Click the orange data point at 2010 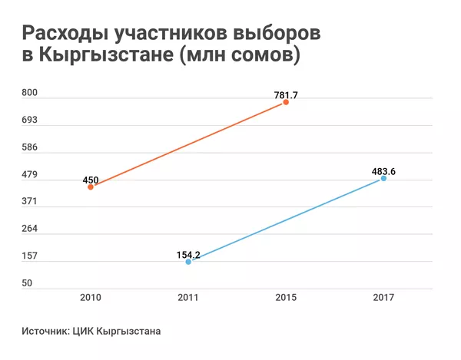click(91, 187)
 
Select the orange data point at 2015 click(286, 102)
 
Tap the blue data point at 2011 click(188, 262)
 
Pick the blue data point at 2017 click(383, 178)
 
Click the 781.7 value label click(286, 95)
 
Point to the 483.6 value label click(383, 171)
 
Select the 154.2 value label click(188, 253)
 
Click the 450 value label click(91, 180)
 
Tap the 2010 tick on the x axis click(91, 296)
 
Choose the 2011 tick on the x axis click(188, 296)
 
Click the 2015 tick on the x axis click(286, 296)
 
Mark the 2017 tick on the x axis click(383, 296)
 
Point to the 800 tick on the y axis click(28, 93)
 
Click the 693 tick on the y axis click(28, 121)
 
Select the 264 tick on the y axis click(28, 229)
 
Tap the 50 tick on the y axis click(26, 283)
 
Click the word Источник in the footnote click(45, 332)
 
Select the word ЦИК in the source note click(84, 332)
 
